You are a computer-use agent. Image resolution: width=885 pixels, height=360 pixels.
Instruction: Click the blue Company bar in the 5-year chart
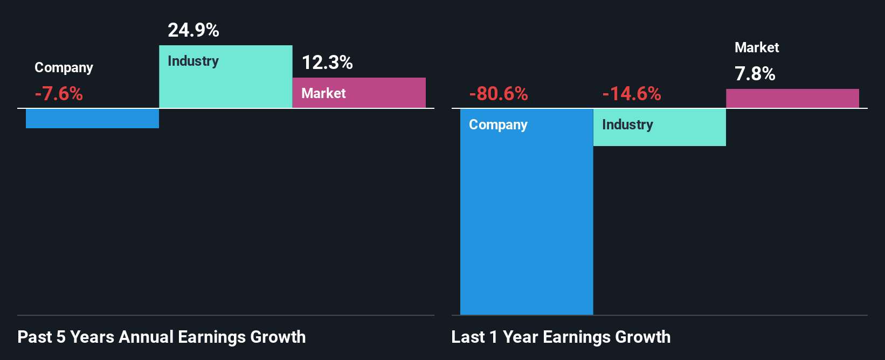tap(92, 119)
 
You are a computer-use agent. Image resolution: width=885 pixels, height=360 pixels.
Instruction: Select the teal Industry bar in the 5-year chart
tap(225, 86)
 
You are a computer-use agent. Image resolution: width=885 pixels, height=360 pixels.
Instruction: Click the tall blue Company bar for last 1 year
tap(526, 226)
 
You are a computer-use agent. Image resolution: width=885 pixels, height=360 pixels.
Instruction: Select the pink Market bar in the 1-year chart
tap(792, 99)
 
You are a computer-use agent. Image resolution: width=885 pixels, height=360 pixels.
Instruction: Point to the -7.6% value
tap(59, 94)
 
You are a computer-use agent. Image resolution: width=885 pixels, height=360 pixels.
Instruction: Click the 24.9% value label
tap(193, 30)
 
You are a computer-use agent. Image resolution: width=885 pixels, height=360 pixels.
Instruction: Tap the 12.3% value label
tap(327, 63)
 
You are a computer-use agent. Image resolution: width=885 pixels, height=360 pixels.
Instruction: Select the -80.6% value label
tap(499, 94)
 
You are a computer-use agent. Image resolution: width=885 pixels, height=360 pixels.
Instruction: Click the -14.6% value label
tap(632, 94)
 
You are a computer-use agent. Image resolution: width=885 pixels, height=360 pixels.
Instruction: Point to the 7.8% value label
tap(755, 74)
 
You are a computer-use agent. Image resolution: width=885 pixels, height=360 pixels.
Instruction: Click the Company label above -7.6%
tap(64, 67)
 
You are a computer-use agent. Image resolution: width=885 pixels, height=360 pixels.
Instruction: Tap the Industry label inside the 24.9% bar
tap(193, 61)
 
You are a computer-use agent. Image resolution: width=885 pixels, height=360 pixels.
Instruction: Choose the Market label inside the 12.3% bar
tap(323, 93)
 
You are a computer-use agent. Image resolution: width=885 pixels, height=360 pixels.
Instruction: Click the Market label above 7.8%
tap(757, 47)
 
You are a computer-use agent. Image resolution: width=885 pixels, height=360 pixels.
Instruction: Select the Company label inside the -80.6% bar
tap(498, 124)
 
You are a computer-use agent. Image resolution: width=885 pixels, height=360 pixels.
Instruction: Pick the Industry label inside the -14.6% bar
tap(627, 124)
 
